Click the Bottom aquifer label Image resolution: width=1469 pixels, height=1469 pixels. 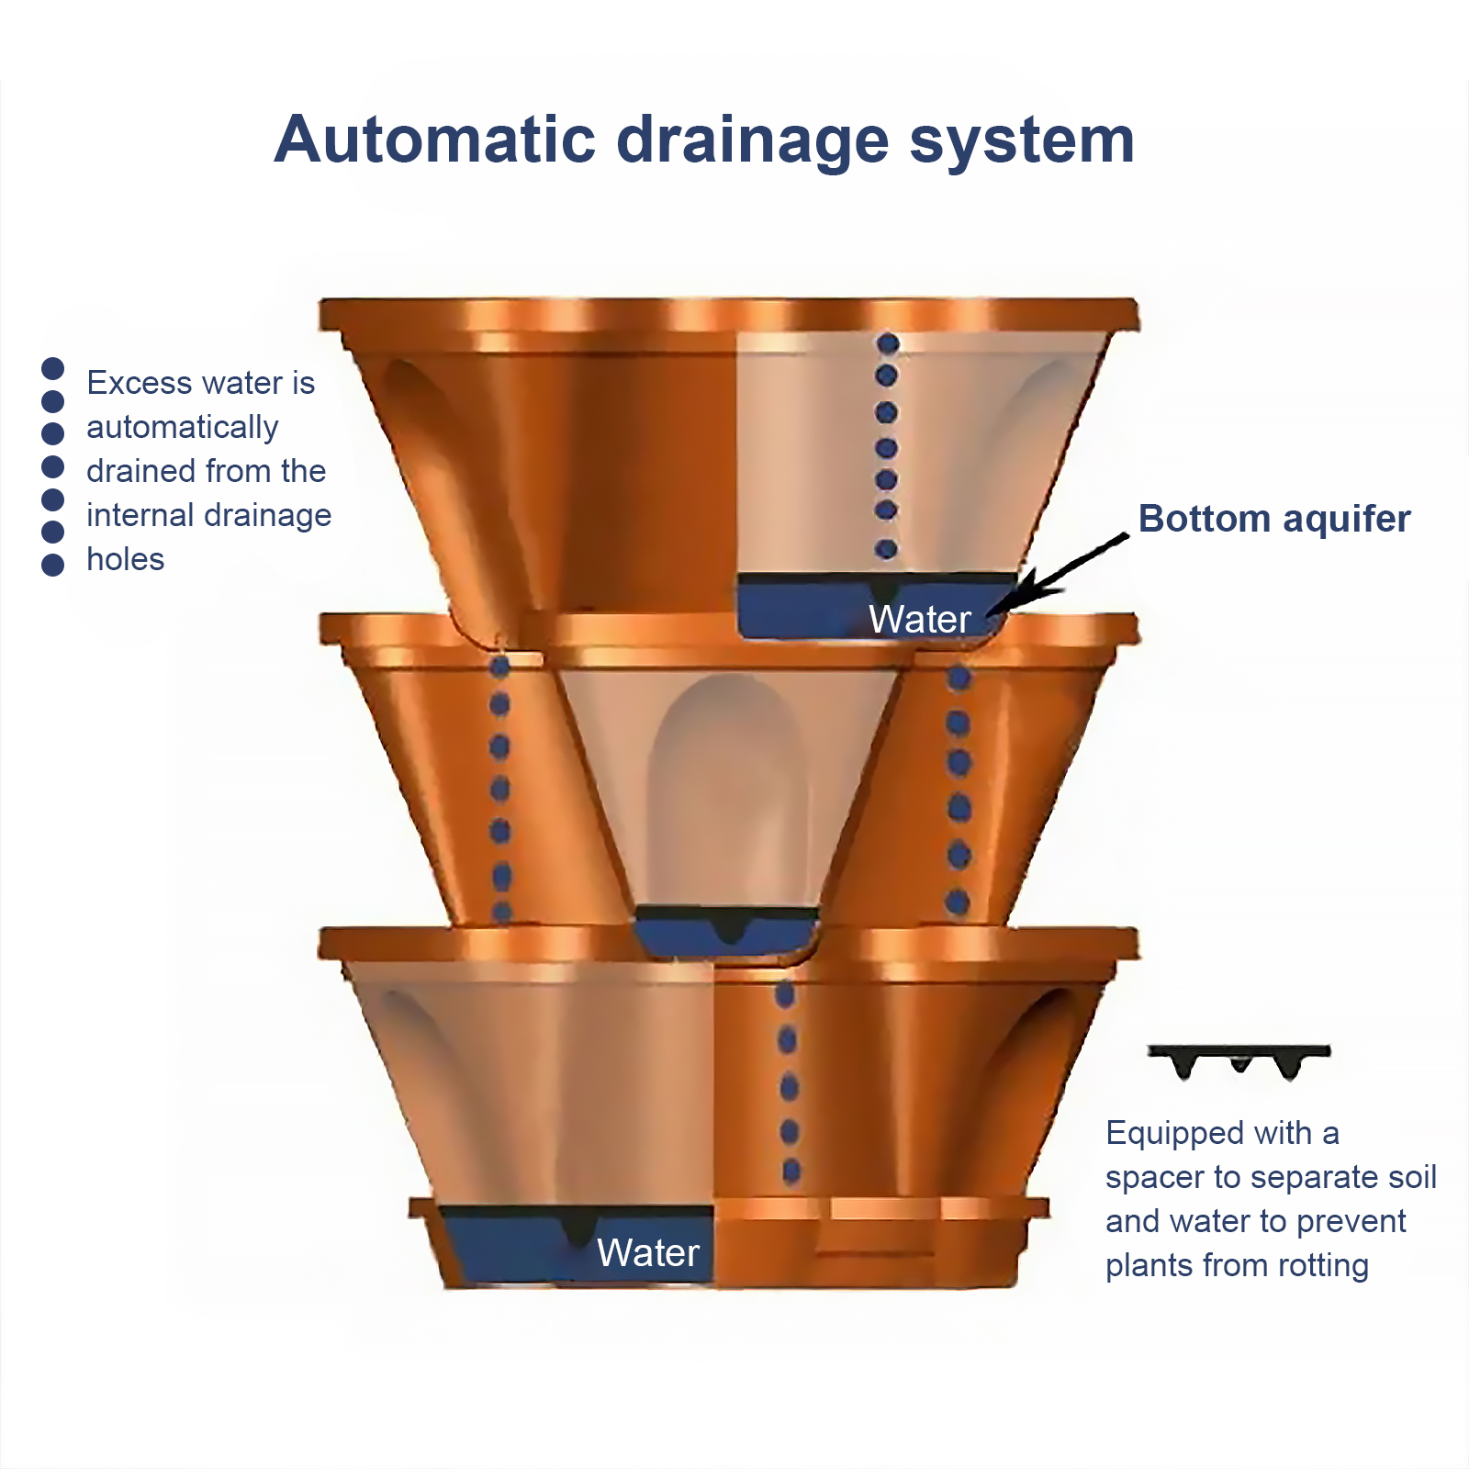(1273, 519)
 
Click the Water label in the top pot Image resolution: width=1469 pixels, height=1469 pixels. (919, 620)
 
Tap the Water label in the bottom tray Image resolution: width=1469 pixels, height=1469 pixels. (647, 1253)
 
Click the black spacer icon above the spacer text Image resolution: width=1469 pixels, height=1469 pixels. (1239, 1060)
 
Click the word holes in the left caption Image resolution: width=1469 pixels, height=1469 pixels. (125, 559)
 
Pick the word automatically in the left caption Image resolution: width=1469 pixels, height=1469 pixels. (182, 428)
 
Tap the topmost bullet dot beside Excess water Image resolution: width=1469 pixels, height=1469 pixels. (53, 368)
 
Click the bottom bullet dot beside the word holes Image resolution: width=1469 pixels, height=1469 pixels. (53, 565)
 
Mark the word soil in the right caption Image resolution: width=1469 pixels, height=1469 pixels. (1415, 1178)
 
